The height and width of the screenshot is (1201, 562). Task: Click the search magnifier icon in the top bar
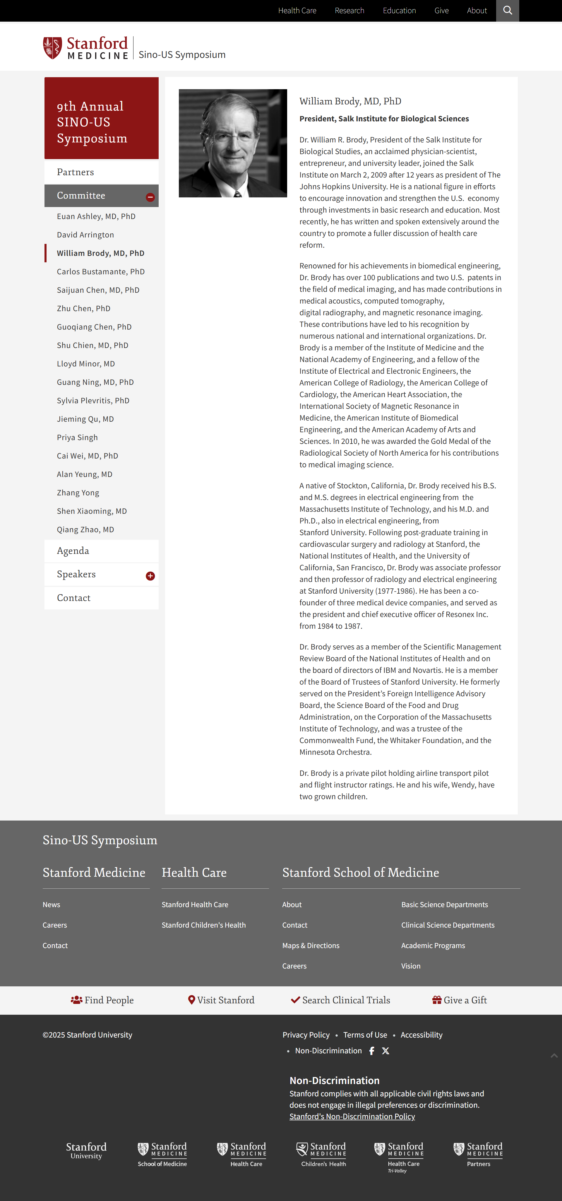[507, 10]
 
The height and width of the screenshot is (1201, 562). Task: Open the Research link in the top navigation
[349, 10]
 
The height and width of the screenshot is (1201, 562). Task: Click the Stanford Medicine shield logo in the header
[52, 48]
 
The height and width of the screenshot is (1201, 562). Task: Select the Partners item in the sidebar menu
[75, 172]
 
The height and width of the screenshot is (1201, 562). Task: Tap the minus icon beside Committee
[150, 197]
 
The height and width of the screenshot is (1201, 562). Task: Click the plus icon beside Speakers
[150, 576]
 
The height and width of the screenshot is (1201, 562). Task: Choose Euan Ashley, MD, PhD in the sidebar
[96, 216]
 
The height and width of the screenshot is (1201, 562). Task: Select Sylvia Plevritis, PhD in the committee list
[93, 401]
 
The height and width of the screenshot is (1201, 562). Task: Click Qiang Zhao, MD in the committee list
[85, 530]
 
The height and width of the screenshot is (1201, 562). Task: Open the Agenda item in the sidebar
[73, 551]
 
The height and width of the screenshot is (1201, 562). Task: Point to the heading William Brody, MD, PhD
[350, 101]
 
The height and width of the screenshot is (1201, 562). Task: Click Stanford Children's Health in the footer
[203, 925]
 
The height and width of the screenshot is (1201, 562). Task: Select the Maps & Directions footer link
[310, 945]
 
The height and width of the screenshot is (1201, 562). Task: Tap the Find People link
[102, 1000]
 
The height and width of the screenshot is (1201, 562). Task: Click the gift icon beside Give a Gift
[436, 1000]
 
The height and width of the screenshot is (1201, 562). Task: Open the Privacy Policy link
[306, 1035]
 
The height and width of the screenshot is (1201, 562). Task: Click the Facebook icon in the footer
[371, 1051]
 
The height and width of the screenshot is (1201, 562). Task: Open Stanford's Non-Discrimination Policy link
[352, 1116]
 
